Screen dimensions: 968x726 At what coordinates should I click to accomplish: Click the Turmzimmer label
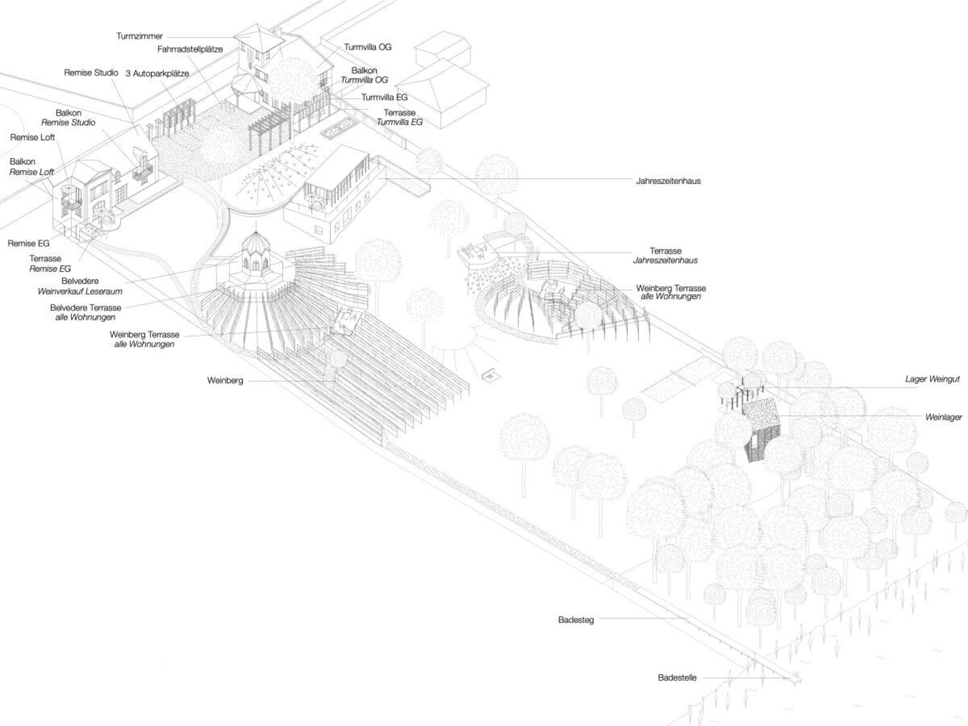pos(140,36)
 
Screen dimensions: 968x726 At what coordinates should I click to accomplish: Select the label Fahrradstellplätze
pos(190,49)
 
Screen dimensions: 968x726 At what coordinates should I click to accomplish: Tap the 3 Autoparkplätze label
pos(157,74)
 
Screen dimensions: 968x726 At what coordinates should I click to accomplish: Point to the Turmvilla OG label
pos(368,47)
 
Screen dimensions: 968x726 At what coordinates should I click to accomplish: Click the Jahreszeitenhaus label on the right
pos(668,181)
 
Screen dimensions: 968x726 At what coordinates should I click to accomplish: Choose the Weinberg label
pos(225,381)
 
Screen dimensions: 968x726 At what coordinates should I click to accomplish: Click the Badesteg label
pos(576,620)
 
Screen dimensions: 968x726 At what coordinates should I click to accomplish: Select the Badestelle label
pos(677,678)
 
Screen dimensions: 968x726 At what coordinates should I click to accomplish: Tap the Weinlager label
pos(943,417)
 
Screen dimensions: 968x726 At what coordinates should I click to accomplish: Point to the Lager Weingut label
pos(932,379)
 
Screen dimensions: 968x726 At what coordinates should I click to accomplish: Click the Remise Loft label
pos(32,138)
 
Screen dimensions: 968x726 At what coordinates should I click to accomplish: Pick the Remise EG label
pos(29,244)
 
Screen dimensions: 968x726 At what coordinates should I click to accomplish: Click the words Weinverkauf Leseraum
pos(80,291)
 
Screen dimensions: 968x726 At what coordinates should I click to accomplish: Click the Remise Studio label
pos(91,73)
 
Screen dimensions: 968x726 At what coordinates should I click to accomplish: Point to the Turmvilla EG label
pos(384,97)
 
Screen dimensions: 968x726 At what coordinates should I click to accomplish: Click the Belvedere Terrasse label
pos(86,308)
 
